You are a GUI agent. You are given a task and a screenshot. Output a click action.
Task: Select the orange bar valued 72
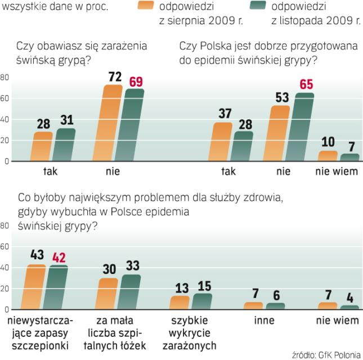[111, 123]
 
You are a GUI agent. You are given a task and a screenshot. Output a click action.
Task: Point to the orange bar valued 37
[221, 142]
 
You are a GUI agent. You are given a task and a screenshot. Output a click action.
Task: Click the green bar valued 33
[131, 292]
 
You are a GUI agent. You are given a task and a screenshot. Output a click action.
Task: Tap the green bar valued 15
[201, 301]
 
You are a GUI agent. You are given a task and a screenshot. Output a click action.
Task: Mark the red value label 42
[59, 257]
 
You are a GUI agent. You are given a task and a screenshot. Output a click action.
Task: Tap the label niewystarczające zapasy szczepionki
[37, 332]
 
